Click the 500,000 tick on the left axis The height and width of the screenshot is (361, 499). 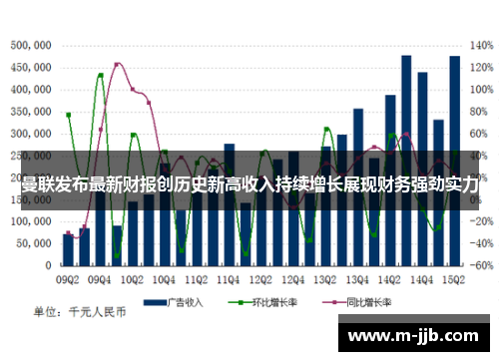pyautogui.click(x=32, y=46)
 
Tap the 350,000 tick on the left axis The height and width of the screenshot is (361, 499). pyautogui.click(x=32, y=112)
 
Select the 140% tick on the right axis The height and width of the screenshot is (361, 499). pyautogui.click(x=480, y=46)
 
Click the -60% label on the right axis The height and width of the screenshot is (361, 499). pyautogui.click(x=480, y=265)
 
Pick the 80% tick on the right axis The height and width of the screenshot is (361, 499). pyautogui.click(x=480, y=112)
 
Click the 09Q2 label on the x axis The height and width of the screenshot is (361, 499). pyautogui.click(x=68, y=278)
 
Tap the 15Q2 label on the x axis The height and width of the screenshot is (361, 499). pyautogui.click(x=455, y=278)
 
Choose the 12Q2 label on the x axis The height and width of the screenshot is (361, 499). pyautogui.click(x=261, y=278)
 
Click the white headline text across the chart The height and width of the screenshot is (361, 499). pyautogui.click(x=249, y=184)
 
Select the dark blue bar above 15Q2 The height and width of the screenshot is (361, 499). pyautogui.click(x=455, y=160)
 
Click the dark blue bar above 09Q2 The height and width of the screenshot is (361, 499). pyautogui.click(x=68, y=250)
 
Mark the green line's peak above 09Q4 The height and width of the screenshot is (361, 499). pyautogui.click(x=100, y=76)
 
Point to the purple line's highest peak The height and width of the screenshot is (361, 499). pyautogui.click(x=118, y=64)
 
